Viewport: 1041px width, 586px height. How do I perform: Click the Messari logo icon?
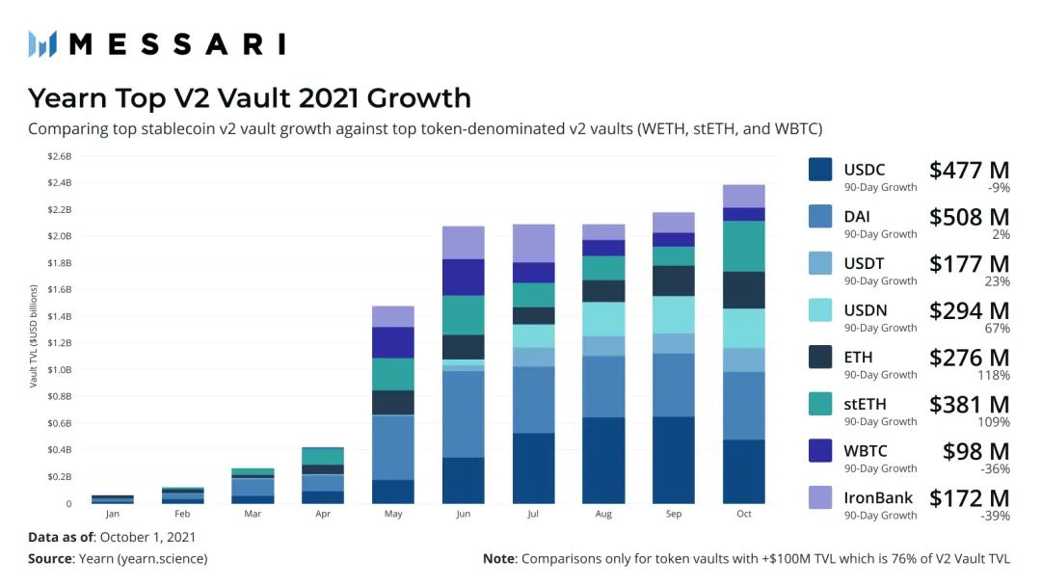42,43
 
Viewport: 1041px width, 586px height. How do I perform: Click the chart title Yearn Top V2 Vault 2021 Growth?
250,98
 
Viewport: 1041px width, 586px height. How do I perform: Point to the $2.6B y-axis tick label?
60,155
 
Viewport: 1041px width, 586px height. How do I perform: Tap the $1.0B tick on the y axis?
60,369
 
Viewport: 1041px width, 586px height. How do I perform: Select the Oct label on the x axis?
743,515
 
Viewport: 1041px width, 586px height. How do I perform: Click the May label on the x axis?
392,515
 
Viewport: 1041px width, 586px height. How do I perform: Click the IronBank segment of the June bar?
463,243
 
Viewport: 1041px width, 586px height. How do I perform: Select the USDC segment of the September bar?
673,460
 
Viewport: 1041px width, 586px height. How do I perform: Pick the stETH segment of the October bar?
743,247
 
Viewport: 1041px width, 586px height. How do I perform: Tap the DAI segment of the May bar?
392,447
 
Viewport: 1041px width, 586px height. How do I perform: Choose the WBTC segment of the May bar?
392,342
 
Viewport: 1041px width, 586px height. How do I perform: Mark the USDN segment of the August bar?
603,319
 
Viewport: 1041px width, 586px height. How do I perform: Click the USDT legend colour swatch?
820,263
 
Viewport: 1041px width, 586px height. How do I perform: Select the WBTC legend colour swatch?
820,451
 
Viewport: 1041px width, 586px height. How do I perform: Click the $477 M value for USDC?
969,171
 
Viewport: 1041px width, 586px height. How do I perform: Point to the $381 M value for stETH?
969,405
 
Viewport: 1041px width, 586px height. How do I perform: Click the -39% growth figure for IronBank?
995,517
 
